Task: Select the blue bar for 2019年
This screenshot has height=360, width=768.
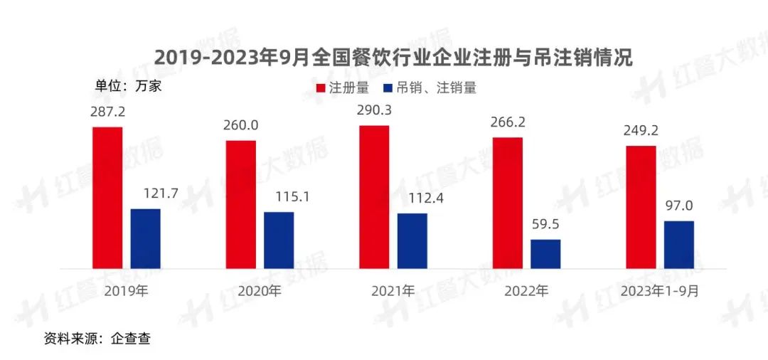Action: coord(146,238)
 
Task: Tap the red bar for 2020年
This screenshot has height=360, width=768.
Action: coord(241,204)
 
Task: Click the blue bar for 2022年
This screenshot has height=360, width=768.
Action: coord(545,253)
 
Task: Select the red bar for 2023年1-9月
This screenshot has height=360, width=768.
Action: coord(641,207)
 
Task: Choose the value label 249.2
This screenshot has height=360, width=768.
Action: coord(640,131)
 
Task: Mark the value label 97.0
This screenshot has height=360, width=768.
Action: coord(679,206)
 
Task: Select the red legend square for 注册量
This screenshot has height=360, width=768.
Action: coord(320,88)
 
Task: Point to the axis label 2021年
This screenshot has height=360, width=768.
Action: coord(393,291)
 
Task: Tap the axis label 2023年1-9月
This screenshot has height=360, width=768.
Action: coord(659,291)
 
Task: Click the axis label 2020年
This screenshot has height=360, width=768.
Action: coord(260,291)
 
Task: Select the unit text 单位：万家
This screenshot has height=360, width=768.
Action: coord(129,86)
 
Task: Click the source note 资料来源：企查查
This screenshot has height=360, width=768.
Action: coord(97,339)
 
